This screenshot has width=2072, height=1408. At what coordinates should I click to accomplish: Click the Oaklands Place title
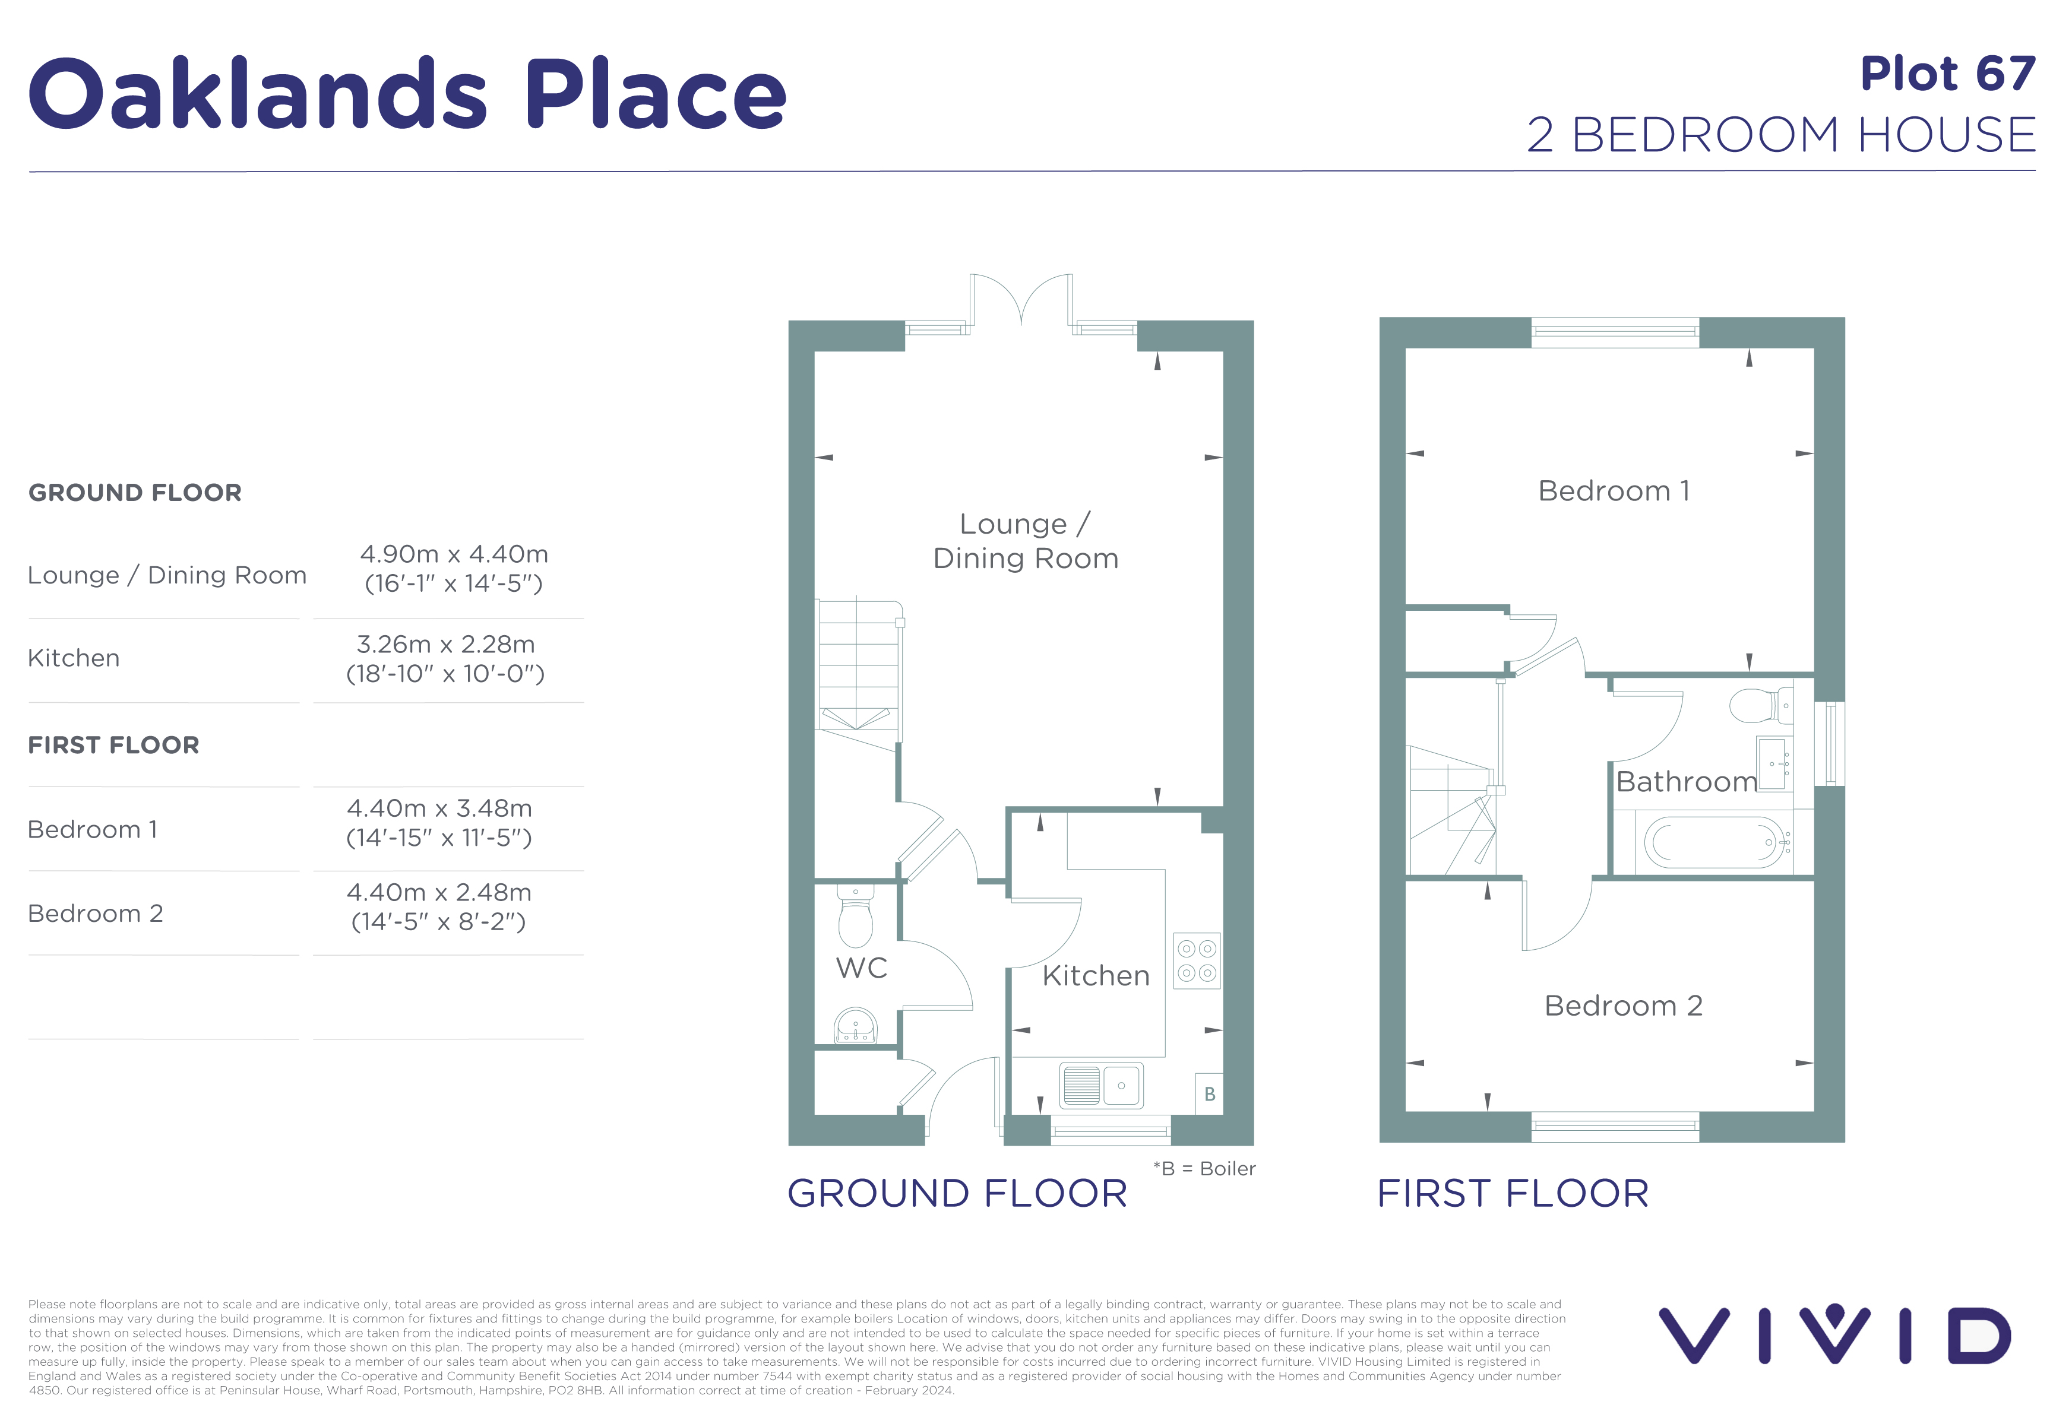coord(407,94)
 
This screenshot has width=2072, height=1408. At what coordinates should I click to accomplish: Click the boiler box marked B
coord(1209,1093)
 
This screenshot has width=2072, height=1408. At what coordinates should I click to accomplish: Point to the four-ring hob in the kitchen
coord(1197,960)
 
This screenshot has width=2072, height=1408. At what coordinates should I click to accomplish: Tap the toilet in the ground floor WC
coord(856,915)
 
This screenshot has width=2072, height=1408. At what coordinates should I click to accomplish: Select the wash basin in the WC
coord(856,1026)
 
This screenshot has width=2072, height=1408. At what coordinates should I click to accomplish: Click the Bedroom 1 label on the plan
coord(1614,490)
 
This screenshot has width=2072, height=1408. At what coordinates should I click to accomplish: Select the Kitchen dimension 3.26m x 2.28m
coord(446,643)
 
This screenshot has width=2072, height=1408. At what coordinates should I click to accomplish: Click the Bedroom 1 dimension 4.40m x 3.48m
coord(439,808)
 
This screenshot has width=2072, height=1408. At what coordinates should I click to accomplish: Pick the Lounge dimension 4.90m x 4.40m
coord(454,553)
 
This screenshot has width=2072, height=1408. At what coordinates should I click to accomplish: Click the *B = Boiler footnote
coord(1204,1168)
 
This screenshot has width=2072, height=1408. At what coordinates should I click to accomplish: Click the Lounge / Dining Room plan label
coord(1025,541)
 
